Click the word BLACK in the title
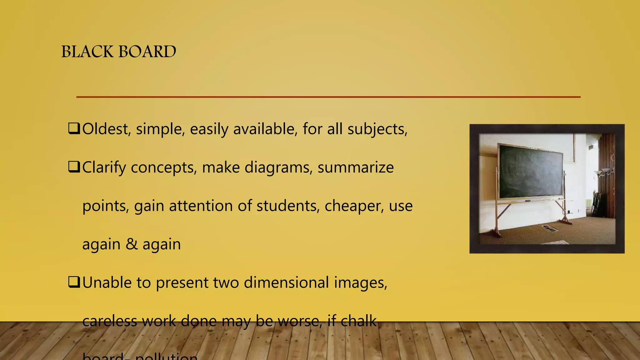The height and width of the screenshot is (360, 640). click(87, 52)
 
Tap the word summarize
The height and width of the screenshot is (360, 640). click(356, 167)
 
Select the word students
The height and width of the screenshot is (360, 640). click(288, 206)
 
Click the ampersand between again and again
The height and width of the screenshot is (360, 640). click(132, 244)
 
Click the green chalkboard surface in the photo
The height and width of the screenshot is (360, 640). click(530, 172)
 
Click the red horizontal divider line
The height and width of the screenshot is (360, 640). click(328, 97)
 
